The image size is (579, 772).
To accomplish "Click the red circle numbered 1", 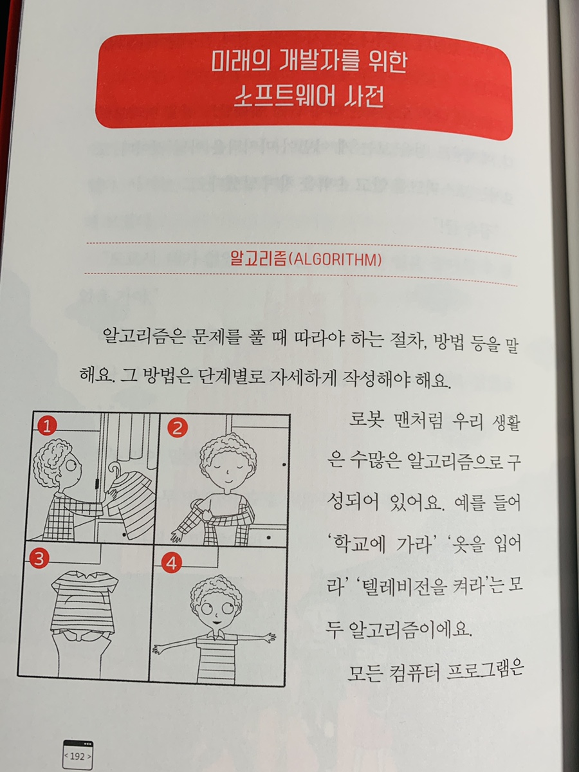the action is click(47, 428).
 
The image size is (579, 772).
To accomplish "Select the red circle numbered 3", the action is click(39, 558).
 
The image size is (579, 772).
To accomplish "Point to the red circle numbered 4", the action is click(171, 564).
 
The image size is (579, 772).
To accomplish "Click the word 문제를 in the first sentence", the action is click(207, 338).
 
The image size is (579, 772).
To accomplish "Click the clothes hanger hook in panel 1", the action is click(115, 469).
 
